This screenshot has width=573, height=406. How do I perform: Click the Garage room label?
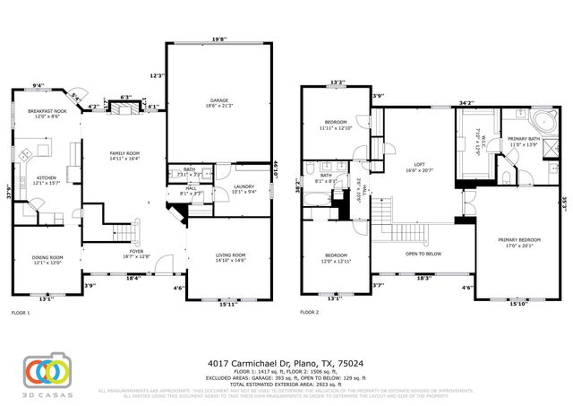pyautogui.click(x=218, y=101)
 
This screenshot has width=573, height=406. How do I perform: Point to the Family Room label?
pyautogui.click(x=125, y=156)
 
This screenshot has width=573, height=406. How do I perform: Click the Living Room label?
pyautogui.click(x=230, y=257)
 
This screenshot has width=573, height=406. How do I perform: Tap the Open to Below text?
pyautogui.click(x=426, y=254)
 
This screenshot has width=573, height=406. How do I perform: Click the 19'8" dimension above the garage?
pyautogui.click(x=219, y=39)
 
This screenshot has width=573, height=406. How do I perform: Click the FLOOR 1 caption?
pyautogui.click(x=20, y=313)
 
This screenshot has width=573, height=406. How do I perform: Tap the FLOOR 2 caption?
pyautogui.click(x=309, y=313)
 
